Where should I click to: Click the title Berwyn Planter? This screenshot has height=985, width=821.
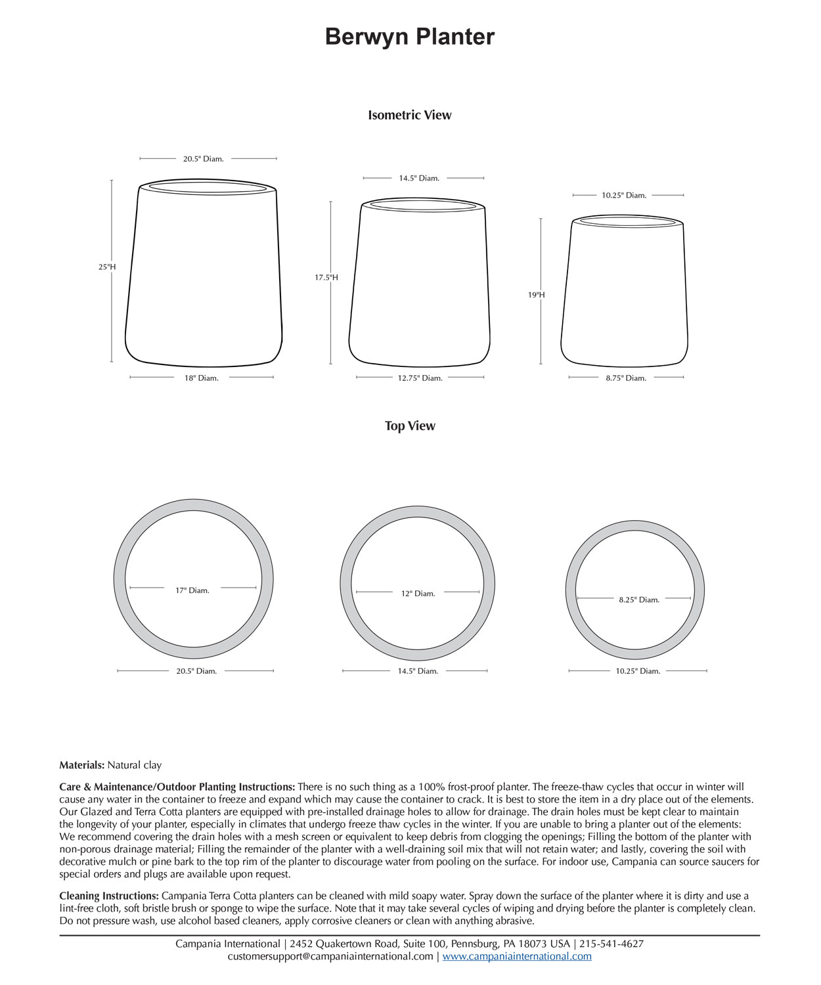(x=410, y=37)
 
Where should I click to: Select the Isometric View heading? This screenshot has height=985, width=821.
(x=410, y=115)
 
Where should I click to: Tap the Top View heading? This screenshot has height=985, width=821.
(x=410, y=426)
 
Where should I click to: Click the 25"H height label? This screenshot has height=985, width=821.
(x=107, y=267)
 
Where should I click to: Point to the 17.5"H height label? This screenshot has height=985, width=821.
(x=326, y=278)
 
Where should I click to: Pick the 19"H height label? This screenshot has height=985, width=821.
(x=537, y=295)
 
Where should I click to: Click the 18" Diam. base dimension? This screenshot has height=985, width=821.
(x=201, y=378)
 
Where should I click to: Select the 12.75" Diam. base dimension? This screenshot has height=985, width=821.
(x=420, y=378)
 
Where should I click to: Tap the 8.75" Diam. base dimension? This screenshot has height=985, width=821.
(x=626, y=378)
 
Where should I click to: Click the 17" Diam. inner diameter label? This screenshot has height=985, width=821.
(x=192, y=590)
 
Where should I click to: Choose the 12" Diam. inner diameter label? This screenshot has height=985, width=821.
(x=418, y=594)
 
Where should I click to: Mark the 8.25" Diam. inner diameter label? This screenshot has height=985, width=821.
(x=639, y=600)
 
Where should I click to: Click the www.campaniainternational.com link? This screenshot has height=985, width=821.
(x=517, y=956)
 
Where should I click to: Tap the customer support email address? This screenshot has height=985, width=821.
(x=330, y=956)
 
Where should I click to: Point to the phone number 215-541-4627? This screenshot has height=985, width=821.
(x=611, y=944)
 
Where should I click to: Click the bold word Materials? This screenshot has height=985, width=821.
(x=82, y=765)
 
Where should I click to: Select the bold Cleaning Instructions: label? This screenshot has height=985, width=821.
(x=109, y=896)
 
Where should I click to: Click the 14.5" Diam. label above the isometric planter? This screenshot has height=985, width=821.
(x=419, y=178)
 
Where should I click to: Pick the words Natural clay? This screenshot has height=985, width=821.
(x=135, y=765)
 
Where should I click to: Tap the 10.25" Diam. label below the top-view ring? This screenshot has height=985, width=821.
(x=638, y=671)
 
